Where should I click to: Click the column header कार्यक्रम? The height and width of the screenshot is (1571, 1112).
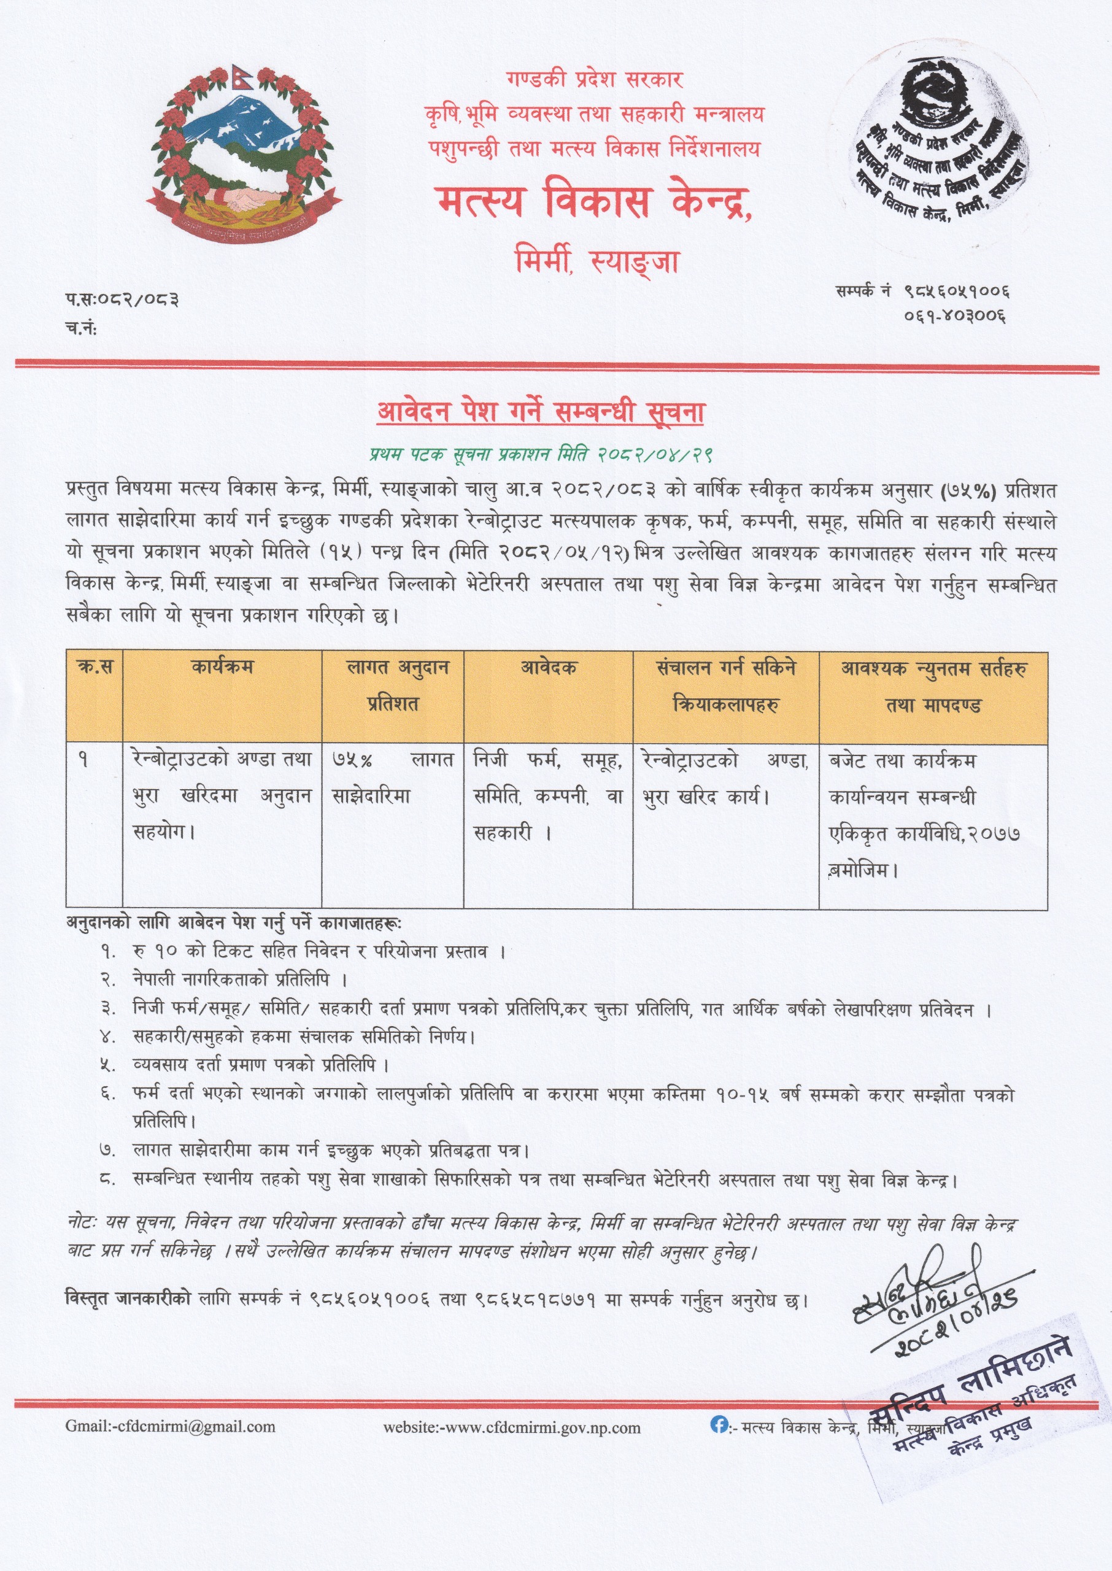[x=222, y=666]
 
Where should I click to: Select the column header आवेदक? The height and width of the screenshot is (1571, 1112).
[x=548, y=666]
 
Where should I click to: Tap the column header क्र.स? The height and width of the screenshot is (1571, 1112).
[x=95, y=666]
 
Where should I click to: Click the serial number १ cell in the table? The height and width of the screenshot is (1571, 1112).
[x=83, y=760]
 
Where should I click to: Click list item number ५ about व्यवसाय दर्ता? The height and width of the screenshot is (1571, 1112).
[x=261, y=1066]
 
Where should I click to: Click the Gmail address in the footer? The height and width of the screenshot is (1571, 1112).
[x=171, y=1427]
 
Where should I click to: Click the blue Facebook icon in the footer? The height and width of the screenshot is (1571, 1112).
[x=718, y=1424]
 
